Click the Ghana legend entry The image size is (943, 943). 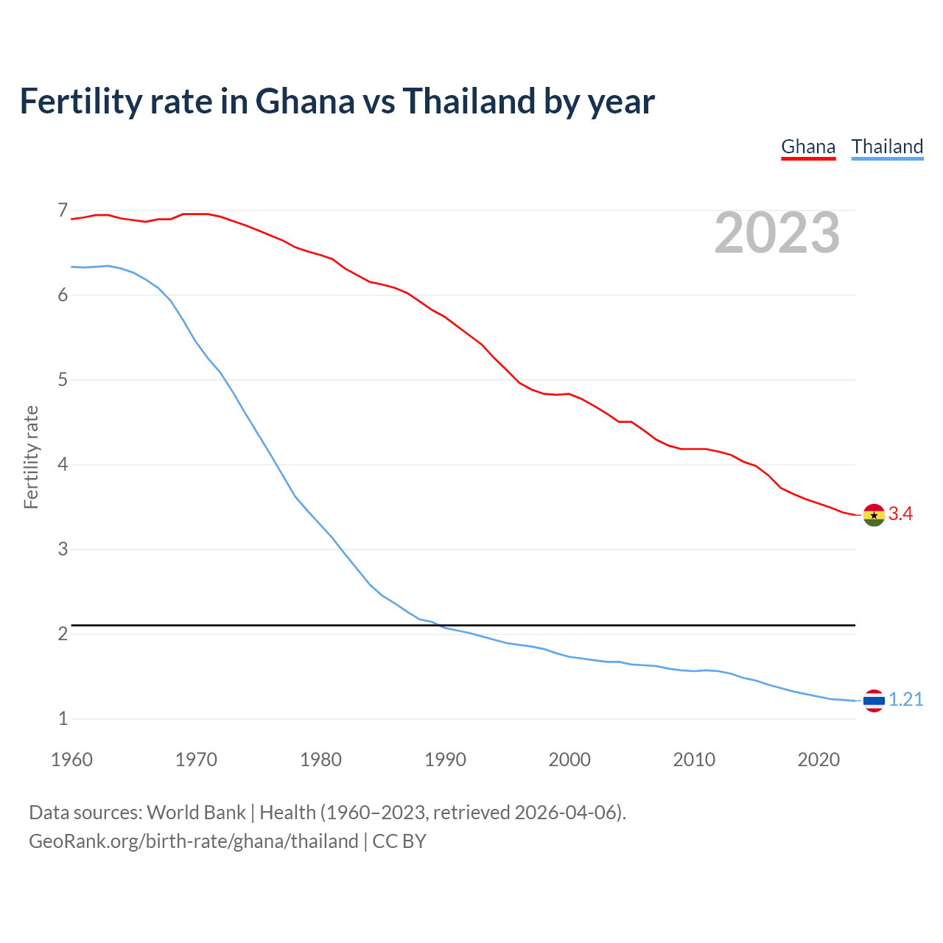click(x=808, y=147)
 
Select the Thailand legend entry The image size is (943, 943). click(x=887, y=147)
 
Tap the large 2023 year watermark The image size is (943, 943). click(x=777, y=233)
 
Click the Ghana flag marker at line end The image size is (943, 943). click(x=874, y=515)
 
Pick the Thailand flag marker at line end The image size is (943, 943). click(x=874, y=701)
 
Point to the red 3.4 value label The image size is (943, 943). click(x=900, y=514)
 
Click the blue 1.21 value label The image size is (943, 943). click(x=905, y=700)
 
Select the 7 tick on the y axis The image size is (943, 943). click(x=63, y=211)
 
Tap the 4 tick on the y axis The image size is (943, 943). click(x=63, y=465)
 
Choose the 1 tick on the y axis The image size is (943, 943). click(x=63, y=719)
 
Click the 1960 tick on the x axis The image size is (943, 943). click(x=71, y=760)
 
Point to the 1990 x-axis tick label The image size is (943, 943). click(x=445, y=760)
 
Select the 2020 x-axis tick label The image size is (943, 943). click(x=818, y=760)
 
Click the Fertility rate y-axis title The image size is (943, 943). click(x=31, y=457)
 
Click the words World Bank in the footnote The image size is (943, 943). click(x=196, y=813)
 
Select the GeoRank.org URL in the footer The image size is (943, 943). click(x=193, y=841)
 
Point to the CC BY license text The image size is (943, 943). click(x=399, y=841)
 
